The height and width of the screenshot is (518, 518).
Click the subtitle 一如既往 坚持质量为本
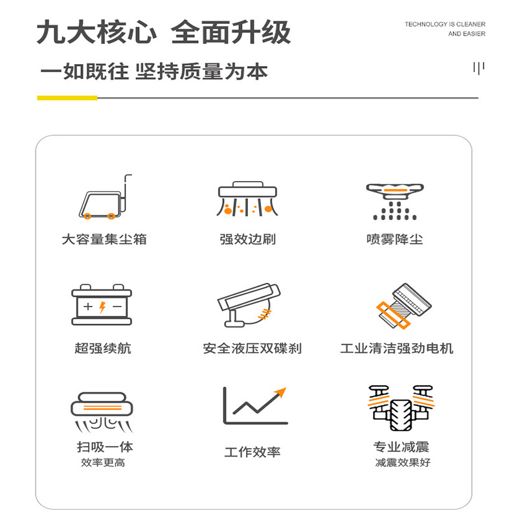[x=153, y=71]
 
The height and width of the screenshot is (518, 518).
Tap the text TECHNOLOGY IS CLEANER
[x=445, y=25]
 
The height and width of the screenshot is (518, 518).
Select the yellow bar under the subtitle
[x=67, y=98]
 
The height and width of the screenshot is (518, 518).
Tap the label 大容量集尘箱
[x=104, y=239]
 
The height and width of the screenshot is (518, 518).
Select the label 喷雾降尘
[x=394, y=239]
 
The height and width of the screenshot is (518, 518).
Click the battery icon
[x=102, y=304]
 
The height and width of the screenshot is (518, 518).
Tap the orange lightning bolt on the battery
[x=102, y=307]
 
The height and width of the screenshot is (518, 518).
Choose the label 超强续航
[x=102, y=348]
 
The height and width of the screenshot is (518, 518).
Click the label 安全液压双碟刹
[x=252, y=348]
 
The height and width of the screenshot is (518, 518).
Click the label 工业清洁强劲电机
[x=396, y=348]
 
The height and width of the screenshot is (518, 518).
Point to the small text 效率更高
[x=103, y=463]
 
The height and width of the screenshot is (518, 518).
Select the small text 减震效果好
[x=401, y=463]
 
